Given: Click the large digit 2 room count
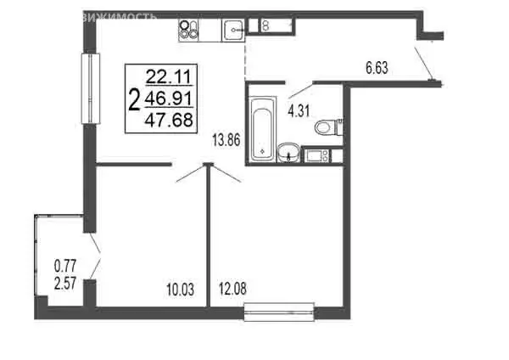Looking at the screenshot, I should click(x=134, y=100).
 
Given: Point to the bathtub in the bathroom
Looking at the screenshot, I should click(x=262, y=127).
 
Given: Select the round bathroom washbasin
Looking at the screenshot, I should click(x=288, y=154).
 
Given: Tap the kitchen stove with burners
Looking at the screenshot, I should click(x=189, y=31).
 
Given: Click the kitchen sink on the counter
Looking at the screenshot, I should click(x=233, y=31).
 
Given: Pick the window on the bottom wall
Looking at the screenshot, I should click(x=279, y=314).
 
